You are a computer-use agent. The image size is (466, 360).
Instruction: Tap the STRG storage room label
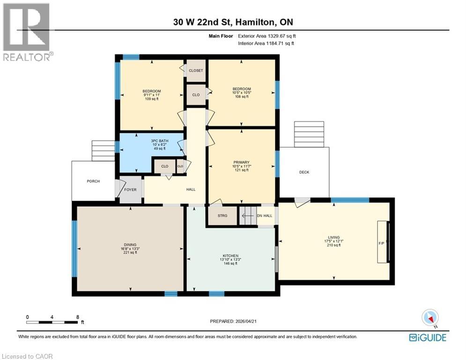(x=223, y=216)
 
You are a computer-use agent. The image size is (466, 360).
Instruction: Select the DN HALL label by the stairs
(x=264, y=216)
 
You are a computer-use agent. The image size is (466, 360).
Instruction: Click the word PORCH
(x=93, y=181)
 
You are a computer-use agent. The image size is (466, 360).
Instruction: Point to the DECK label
(x=304, y=172)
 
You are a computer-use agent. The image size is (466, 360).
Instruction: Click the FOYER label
(x=130, y=190)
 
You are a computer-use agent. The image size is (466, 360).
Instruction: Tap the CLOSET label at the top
(x=196, y=70)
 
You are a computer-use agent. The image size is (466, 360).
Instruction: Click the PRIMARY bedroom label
(x=241, y=162)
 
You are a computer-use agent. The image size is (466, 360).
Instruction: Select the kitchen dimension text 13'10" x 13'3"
(x=230, y=259)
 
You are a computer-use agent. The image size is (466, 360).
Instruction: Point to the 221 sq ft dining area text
(x=130, y=253)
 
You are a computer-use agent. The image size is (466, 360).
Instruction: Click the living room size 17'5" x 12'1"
(x=333, y=241)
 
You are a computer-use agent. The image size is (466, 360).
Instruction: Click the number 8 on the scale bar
(x=77, y=317)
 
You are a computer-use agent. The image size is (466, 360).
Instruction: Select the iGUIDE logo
(x=427, y=337)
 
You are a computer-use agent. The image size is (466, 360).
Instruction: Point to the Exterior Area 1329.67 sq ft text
(x=266, y=36)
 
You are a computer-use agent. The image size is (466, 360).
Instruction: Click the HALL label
(x=191, y=189)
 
